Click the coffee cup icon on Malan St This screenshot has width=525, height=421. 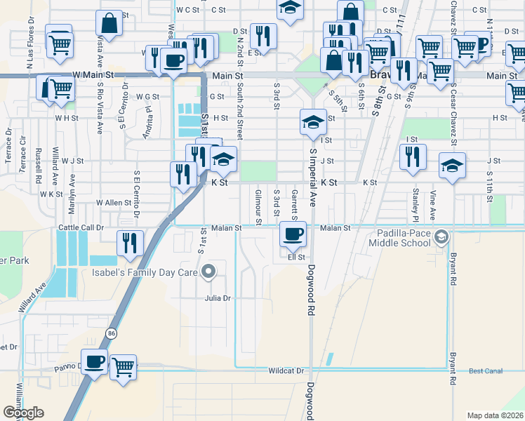pyautogui.click(x=293, y=233)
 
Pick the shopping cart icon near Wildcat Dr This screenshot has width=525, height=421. pyautogui.click(x=124, y=366)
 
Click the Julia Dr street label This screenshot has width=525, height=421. pyautogui.click(x=217, y=298)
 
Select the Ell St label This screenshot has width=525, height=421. pyautogui.click(x=296, y=257)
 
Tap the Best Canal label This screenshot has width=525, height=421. pyautogui.click(x=486, y=370)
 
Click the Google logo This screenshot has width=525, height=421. pyautogui.click(x=23, y=413)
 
